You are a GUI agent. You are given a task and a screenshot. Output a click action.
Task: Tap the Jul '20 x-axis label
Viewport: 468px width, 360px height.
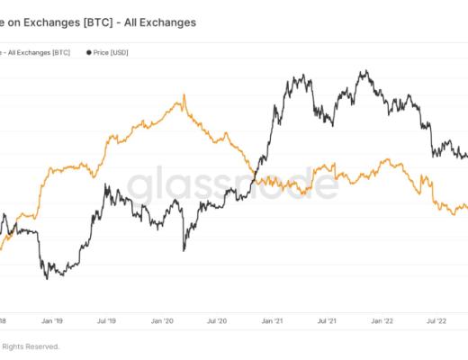218,319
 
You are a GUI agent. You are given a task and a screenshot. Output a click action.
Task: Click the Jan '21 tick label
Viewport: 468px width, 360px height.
274,319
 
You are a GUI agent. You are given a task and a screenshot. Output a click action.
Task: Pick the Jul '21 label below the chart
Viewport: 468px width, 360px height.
328,319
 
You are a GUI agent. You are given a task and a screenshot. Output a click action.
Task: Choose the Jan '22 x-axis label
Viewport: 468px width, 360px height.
383,319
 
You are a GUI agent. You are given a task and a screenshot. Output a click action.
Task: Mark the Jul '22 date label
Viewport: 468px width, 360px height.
437,319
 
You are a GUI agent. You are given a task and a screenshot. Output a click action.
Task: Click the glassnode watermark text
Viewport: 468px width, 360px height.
232,184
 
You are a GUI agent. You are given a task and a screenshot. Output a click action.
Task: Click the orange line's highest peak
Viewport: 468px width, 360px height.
184,94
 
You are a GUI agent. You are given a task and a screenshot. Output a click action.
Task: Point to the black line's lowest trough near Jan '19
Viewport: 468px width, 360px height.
47,277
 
